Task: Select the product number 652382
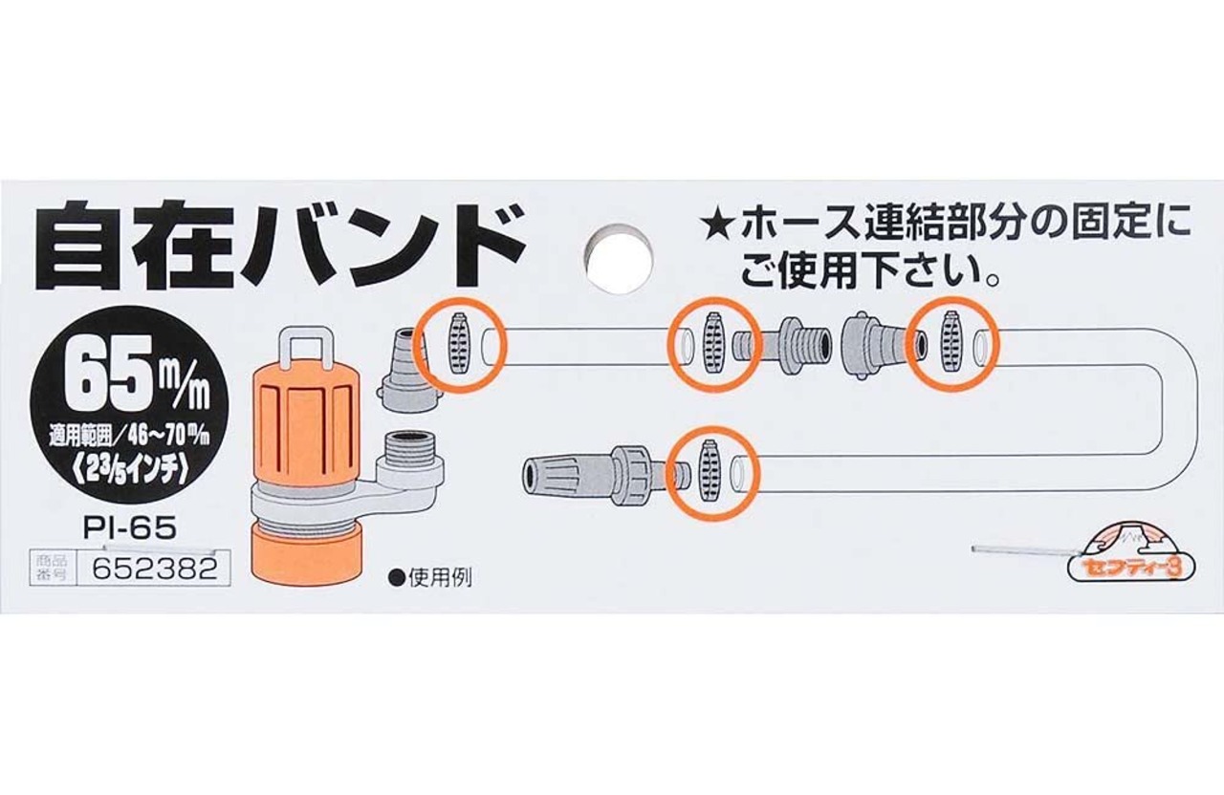click(147, 569)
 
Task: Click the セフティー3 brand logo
click(1124, 554)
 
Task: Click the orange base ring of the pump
click(306, 554)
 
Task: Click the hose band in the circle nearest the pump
click(460, 343)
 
